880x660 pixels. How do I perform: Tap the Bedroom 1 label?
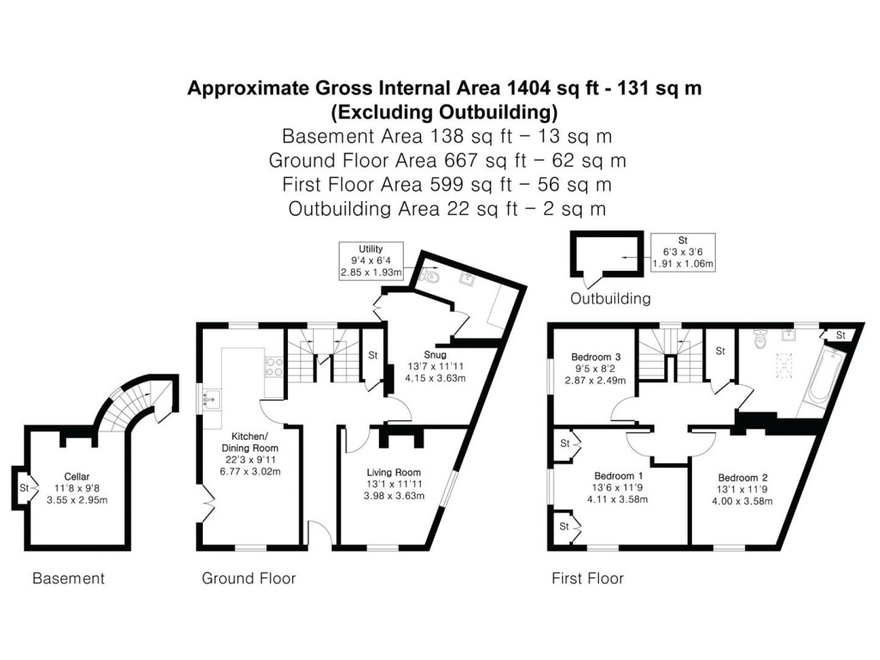(x=619, y=475)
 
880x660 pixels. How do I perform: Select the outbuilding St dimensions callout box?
(x=684, y=252)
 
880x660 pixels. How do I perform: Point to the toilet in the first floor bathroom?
(x=760, y=340)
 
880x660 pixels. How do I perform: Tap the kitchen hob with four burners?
(x=273, y=367)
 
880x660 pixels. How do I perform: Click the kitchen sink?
(x=211, y=398)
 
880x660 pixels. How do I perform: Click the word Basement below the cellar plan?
(x=68, y=578)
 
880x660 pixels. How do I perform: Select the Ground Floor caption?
(x=248, y=578)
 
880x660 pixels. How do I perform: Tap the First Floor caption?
(x=587, y=578)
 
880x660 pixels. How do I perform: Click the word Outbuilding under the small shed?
(x=610, y=299)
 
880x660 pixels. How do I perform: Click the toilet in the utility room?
(x=431, y=278)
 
